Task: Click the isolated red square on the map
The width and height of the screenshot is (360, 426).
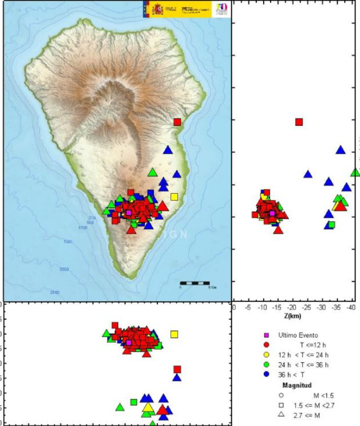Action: click(177, 122)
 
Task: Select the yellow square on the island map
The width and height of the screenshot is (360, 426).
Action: click(174, 197)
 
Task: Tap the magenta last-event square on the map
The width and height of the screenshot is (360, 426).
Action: click(129, 213)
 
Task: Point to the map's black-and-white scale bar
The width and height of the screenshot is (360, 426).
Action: click(195, 284)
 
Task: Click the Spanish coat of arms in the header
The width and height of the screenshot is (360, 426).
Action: click(157, 8)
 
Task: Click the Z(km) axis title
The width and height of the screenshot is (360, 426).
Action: click(292, 316)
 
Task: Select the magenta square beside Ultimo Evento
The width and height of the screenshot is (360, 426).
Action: click(266, 335)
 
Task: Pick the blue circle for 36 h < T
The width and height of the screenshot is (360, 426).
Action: click(266, 374)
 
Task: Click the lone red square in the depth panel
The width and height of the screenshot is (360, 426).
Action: click(299, 122)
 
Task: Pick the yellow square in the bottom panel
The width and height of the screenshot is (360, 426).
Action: click(174, 334)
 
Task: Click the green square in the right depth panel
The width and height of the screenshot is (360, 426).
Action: click(332, 224)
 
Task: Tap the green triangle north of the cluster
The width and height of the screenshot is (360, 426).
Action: click(153, 172)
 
